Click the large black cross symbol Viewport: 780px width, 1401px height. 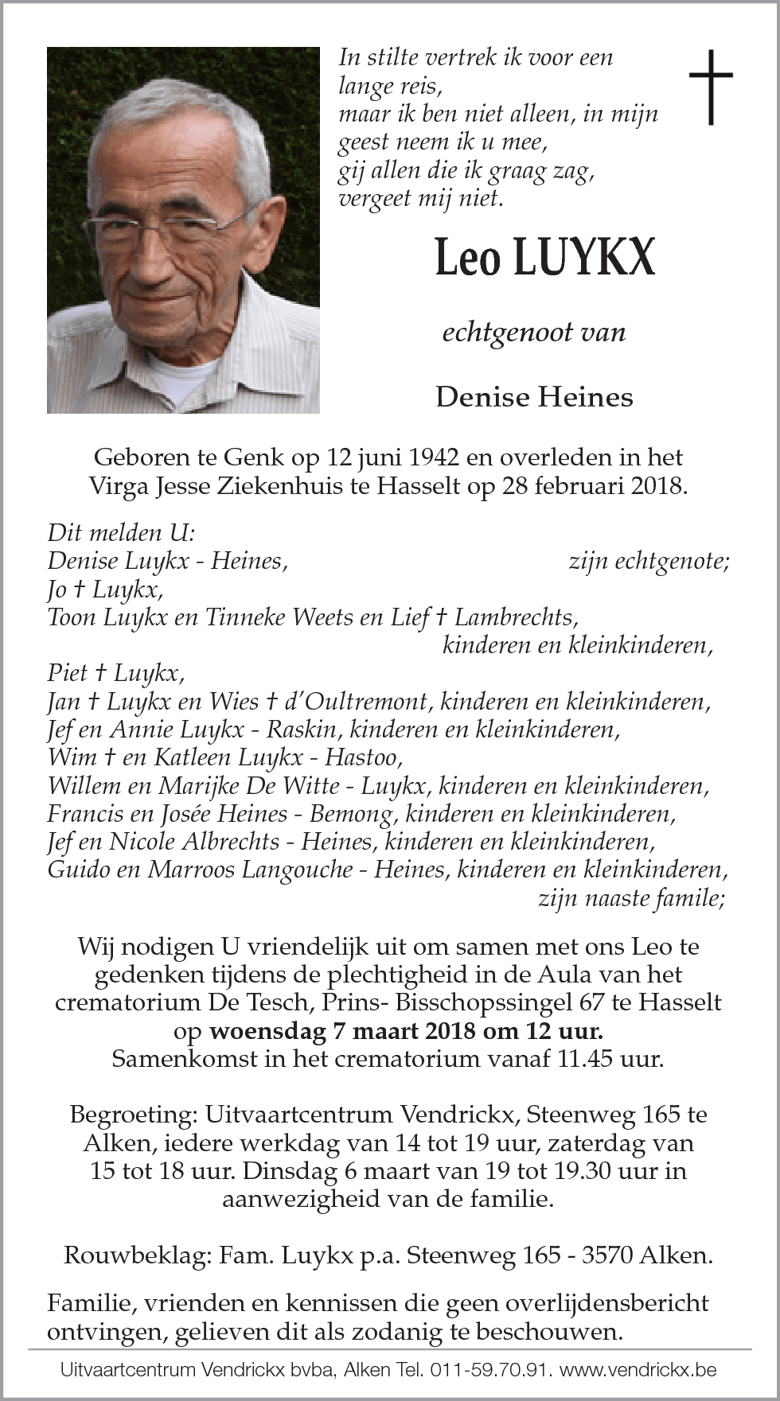click(x=710, y=87)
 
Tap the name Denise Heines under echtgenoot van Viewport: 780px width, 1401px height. click(x=534, y=396)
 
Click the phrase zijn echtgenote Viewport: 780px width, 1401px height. click(x=649, y=561)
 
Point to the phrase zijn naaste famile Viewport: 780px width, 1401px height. click(x=631, y=898)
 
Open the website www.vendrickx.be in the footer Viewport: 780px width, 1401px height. click(x=638, y=1370)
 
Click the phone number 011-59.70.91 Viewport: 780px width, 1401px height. click(x=489, y=1370)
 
